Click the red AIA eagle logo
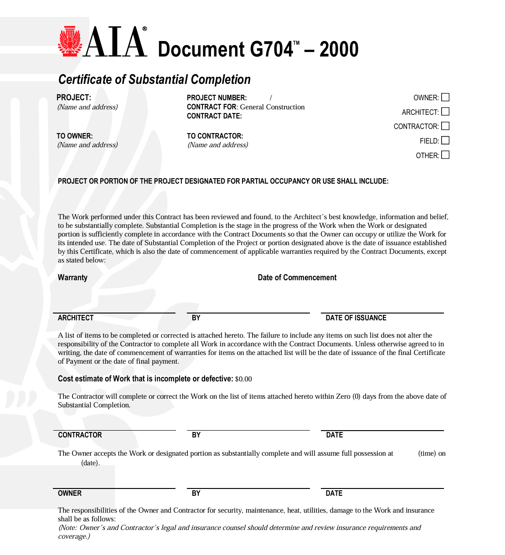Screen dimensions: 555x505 (x=70, y=41)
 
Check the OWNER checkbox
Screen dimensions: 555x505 (x=445, y=97)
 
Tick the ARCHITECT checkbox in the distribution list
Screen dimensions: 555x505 (x=445, y=112)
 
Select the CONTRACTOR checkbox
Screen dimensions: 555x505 (x=445, y=126)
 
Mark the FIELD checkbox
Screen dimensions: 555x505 (x=445, y=140)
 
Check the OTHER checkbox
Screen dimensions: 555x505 (x=445, y=155)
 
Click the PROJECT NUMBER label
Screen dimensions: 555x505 (x=216, y=98)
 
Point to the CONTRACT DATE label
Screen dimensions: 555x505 (x=214, y=116)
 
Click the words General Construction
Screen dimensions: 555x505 (x=272, y=107)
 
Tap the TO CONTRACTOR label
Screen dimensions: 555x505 (x=215, y=136)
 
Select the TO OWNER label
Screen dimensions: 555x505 (x=74, y=136)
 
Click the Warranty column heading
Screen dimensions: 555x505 (x=72, y=277)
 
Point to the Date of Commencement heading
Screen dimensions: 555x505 (x=297, y=277)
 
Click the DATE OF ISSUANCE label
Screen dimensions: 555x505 (x=356, y=318)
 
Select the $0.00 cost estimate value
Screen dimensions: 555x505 (x=243, y=379)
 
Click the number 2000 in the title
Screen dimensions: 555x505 (x=339, y=49)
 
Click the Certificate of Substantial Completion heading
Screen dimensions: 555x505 (x=155, y=79)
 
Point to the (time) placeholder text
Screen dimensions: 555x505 (x=427, y=453)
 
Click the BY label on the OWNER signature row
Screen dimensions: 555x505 (x=196, y=493)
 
